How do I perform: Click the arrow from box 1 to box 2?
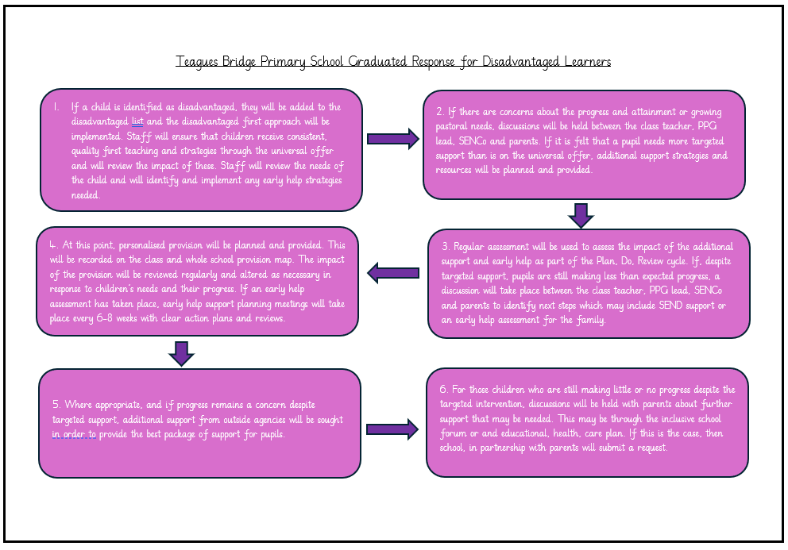pyautogui.click(x=392, y=139)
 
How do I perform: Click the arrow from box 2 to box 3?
pyautogui.click(x=581, y=214)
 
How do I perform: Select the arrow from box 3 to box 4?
pyautogui.click(x=392, y=274)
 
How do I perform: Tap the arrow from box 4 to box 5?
pyautogui.click(x=182, y=353)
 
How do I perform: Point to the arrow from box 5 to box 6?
pyautogui.click(x=392, y=430)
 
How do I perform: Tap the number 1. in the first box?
pyautogui.click(x=56, y=106)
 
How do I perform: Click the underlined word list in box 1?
pyautogui.click(x=137, y=121)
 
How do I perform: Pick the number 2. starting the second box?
pyautogui.click(x=439, y=110)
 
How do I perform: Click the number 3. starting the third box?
pyautogui.click(x=446, y=247)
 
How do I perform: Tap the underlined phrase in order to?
pyautogui.click(x=74, y=434)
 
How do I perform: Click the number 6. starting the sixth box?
pyautogui.click(x=444, y=389)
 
